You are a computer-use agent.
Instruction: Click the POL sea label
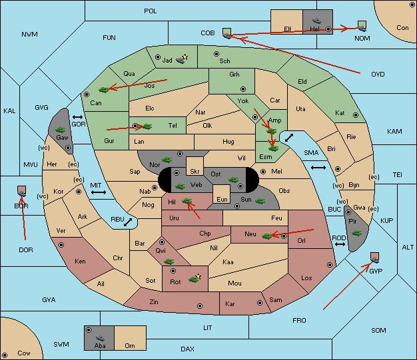(151, 11)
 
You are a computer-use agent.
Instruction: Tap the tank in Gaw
(61, 130)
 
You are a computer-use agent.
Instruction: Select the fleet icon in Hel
(316, 21)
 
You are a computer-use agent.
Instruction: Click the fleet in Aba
(101, 338)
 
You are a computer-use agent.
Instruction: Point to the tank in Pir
(356, 233)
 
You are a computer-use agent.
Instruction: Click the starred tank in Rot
(195, 278)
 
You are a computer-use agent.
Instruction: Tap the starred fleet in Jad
(182, 59)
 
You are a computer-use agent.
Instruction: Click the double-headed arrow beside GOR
(78, 117)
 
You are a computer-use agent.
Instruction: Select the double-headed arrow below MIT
(99, 192)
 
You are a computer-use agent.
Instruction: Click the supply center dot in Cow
(5, 355)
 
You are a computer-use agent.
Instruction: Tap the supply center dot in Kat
(356, 115)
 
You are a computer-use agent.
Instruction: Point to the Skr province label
(195, 172)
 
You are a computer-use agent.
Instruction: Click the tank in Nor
(167, 160)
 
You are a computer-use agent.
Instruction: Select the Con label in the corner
(402, 28)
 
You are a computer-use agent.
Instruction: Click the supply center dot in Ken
(61, 245)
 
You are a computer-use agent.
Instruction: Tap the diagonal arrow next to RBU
(128, 222)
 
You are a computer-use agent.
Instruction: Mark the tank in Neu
(267, 236)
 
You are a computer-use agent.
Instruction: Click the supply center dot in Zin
(200, 306)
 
